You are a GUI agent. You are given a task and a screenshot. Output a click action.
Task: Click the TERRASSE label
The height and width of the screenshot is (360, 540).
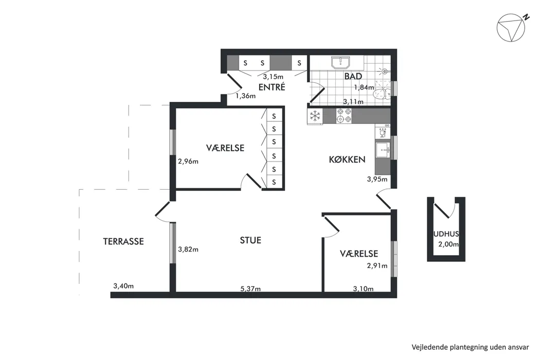click(x=123, y=242)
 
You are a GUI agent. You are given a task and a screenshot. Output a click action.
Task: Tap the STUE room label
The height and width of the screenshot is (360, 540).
click(x=250, y=241)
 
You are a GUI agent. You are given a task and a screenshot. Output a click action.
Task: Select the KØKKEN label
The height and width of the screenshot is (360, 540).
click(x=347, y=159)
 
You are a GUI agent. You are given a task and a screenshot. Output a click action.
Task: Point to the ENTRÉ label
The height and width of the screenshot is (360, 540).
click(x=272, y=87)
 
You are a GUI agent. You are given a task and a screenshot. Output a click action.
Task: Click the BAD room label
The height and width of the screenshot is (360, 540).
click(x=353, y=76)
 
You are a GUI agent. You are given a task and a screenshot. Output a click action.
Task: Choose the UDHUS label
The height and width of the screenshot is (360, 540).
click(x=446, y=234)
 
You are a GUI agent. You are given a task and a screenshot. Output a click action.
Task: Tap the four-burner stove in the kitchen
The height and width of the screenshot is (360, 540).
click(x=344, y=116)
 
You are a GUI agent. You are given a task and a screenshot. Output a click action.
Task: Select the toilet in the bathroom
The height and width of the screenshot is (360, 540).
click(x=382, y=93)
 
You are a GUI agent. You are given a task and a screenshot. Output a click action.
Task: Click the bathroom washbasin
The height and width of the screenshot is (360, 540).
click(x=340, y=63)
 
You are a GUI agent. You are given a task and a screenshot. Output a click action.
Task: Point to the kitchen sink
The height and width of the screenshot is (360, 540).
click(x=383, y=150)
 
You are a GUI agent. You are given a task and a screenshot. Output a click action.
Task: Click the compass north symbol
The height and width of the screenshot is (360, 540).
click(x=512, y=28)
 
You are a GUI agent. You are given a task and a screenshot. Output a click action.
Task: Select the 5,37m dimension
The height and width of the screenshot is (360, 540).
click(x=250, y=289)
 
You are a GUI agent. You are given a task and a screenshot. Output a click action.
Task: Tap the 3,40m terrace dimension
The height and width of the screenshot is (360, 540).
click(x=123, y=286)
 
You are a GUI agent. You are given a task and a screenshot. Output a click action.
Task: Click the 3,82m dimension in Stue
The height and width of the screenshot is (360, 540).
click(x=188, y=249)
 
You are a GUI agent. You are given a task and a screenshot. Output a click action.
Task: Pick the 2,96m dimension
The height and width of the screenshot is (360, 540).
click(x=188, y=161)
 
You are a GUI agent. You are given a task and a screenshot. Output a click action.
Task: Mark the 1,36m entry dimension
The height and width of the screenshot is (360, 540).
click(x=245, y=96)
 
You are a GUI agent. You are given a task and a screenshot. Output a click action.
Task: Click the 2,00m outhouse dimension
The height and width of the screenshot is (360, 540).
click(x=448, y=245)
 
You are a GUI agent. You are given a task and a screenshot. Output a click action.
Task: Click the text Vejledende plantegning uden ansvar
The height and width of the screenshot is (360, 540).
click(x=470, y=347)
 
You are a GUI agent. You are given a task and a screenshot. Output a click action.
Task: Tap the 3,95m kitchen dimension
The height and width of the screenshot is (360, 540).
click(x=377, y=179)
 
